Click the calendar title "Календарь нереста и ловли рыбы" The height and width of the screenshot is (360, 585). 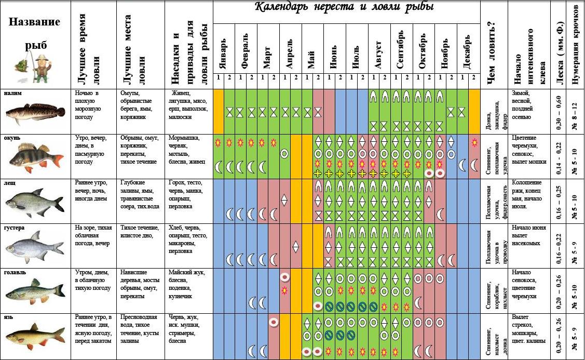(345, 8)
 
